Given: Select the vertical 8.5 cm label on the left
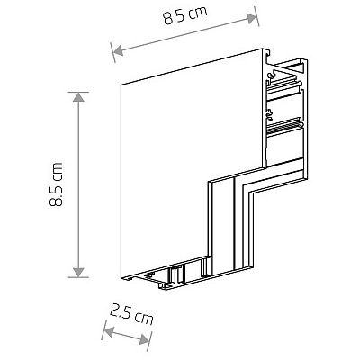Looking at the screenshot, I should tap(58, 184).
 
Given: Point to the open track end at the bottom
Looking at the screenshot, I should tap(171, 281).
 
